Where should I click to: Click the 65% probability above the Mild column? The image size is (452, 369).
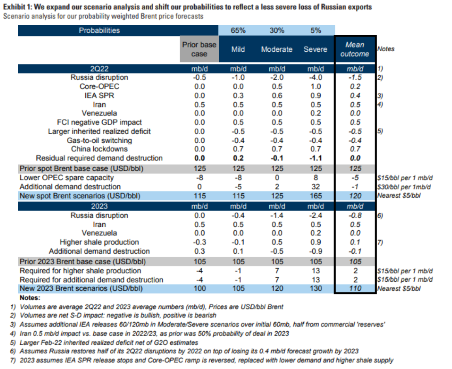click(x=238, y=30)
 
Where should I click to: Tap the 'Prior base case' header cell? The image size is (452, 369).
click(x=199, y=49)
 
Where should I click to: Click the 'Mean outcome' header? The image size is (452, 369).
click(x=355, y=49)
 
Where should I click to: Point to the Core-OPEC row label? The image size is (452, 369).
click(x=99, y=86)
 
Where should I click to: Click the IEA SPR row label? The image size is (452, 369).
click(x=99, y=96)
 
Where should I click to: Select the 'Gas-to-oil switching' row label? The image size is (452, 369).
click(x=99, y=141)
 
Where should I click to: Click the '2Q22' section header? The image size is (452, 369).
click(x=99, y=69)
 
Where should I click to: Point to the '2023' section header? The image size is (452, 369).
click(x=99, y=206)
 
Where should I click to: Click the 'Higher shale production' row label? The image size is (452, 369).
click(x=99, y=242)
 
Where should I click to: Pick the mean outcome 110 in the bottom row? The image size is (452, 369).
click(x=355, y=288)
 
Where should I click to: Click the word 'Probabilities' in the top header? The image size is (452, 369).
click(x=99, y=30)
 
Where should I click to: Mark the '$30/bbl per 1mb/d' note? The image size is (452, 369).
click(x=404, y=187)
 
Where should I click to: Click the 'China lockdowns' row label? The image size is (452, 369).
click(x=99, y=149)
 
